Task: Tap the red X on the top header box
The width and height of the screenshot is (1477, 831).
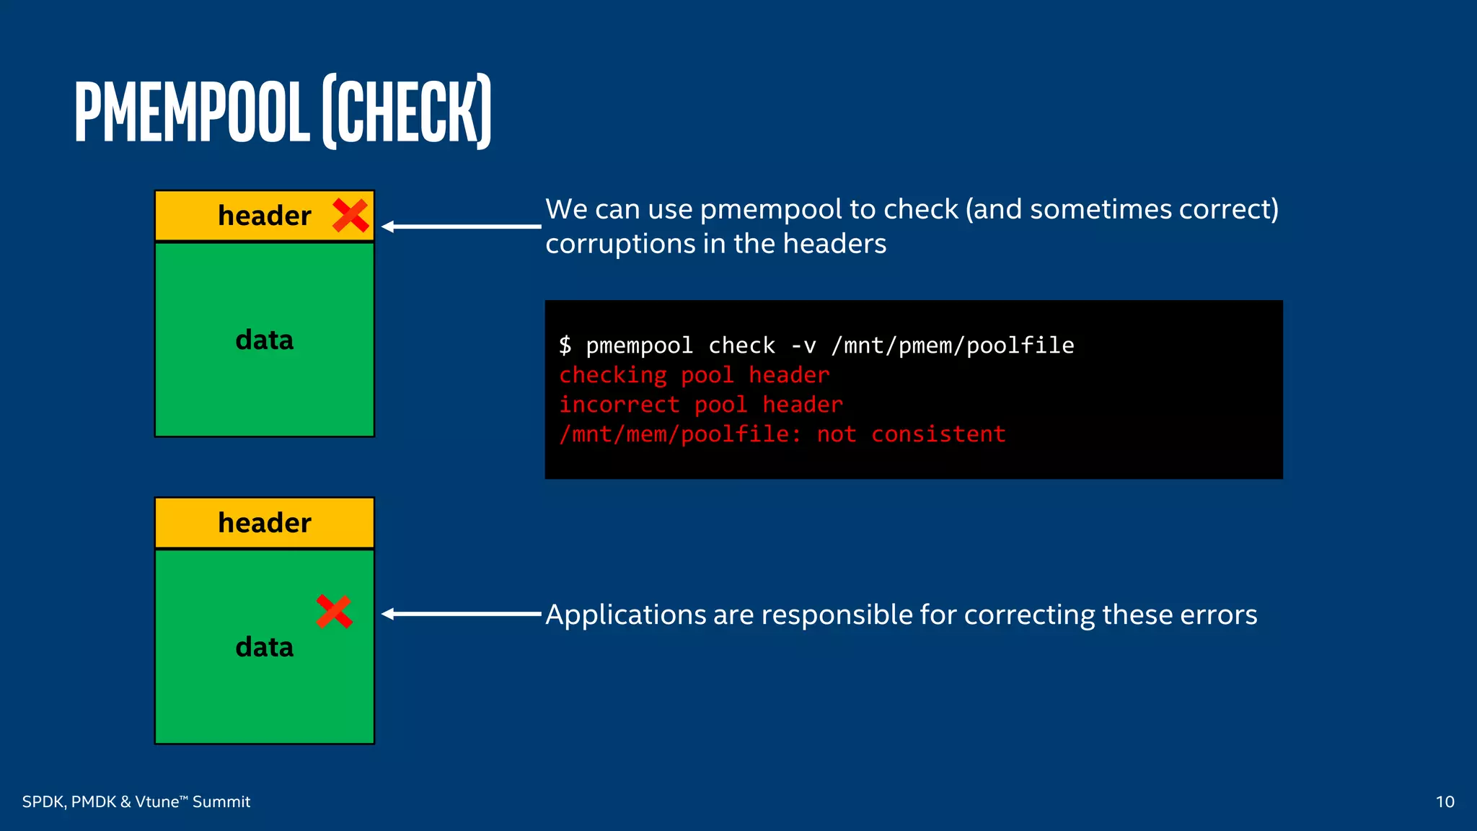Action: [x=350, y=216]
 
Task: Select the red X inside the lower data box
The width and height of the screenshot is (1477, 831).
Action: [x=334, y=612]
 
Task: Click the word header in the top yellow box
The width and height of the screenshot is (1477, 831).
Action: [x=265, y=216]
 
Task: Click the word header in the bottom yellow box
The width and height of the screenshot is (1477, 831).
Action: [x=265, y=523]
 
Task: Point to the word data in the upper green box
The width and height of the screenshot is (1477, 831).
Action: [x=265, y=340]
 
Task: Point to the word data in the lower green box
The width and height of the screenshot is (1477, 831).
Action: [x=265, y=647]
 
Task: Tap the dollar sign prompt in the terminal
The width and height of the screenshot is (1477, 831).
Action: [x=565, y=346]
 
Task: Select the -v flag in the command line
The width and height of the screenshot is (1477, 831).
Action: [x=803, y=346]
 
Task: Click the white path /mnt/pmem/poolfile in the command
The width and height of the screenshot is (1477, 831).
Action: [x=952, y=346]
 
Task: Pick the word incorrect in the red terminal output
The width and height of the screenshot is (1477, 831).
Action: [x=619, y=405]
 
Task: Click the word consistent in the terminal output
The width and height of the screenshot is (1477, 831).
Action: [x=938, y=434]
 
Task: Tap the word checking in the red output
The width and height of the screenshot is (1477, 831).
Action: [x=613, y=375]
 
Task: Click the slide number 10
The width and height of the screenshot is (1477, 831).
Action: [x=1445, y=801]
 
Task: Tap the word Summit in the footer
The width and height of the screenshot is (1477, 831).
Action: [x=221, y=801]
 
